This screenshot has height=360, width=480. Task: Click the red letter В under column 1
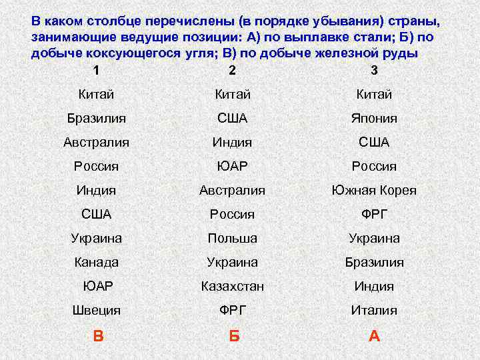(98, 336)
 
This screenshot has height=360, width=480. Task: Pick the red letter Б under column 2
(233, 336)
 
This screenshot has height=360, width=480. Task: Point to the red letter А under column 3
(374, 336)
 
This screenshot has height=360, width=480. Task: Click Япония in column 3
(374, 118)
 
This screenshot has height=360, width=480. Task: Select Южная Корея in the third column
(374, 190)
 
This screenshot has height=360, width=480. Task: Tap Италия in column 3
(374, 310)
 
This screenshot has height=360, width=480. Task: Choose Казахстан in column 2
(233, 286)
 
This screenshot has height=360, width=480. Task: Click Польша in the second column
(232, 238)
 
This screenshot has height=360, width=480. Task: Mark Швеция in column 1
(97, 310)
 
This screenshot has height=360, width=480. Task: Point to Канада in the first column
(97, 262)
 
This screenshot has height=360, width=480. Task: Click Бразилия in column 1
(97, 118)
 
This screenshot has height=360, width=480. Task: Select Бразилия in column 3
(374, 262)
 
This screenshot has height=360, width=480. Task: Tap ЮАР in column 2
(232, 166)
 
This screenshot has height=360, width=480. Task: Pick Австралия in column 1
(97, 142)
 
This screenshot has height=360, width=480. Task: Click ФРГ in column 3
(374, 214)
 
